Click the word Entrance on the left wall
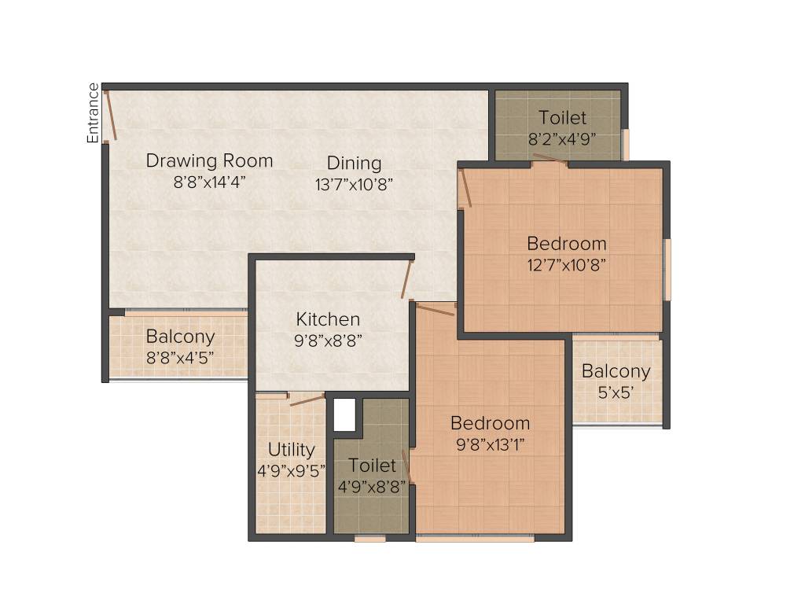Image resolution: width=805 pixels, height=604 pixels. (94, 112)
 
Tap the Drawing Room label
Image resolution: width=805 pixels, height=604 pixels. (209, 161)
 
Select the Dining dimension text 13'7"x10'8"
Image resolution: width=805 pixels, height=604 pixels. (354, 183)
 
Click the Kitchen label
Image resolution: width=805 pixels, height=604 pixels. (328, 319)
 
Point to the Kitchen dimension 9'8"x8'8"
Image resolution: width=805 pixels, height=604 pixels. (329, 341)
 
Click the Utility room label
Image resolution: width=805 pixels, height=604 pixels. (291, 450)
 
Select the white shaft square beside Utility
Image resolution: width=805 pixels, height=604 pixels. (344, 414)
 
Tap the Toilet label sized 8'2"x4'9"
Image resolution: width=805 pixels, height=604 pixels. (562, 118)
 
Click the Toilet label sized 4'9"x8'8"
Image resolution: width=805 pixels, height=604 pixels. (372, 466)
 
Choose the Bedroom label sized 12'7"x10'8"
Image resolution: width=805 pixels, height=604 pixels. (566, 243)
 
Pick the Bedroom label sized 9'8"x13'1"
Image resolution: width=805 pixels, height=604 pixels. (490, 423)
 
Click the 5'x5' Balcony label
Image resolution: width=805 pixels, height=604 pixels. (616, 371)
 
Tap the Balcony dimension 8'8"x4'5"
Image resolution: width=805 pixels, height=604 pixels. (179, 358)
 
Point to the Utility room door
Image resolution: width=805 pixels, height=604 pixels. (307, 400)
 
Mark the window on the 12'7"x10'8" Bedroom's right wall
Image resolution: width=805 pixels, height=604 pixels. (667, 270)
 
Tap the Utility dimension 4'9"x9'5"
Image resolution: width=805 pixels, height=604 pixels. (291, 472)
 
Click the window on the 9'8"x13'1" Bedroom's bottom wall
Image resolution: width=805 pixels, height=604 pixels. (475, 539)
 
